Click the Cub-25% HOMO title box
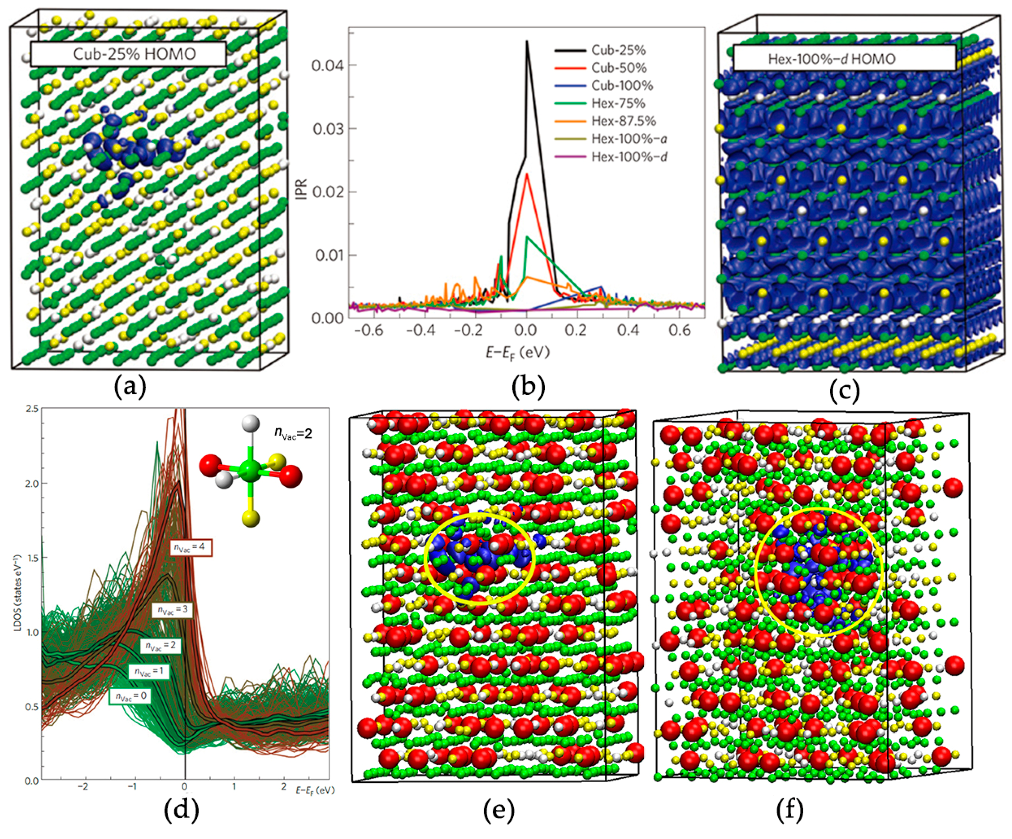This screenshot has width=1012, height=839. click(x=128, y=54)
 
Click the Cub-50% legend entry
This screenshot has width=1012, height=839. click(x=618, y=68)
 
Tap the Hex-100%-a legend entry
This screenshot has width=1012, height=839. click(x=629, y=139)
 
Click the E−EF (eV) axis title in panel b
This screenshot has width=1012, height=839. click(x=517, y=352)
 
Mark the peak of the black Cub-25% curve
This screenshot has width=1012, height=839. click(x=527, y=41)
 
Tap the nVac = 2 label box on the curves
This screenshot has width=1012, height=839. click(x=161, y=645)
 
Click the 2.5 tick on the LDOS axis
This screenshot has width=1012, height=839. click(x=33, y=409)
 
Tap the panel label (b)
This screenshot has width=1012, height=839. click(x=528, y=387)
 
